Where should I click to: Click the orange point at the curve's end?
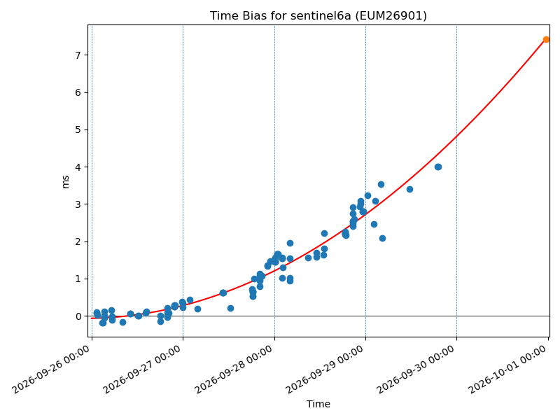point(546,40)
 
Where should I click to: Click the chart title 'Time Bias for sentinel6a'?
point(280,15)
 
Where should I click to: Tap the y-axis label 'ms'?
point(65,181)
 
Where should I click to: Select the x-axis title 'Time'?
point(318,404)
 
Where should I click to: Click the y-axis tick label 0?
point(78,316)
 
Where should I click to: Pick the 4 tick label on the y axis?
point(78,167)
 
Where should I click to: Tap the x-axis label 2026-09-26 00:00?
point(51,370)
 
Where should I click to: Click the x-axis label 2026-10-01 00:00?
point(508,370)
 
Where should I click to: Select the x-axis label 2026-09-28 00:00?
point(234,370)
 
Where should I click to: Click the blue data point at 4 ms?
point(438,167)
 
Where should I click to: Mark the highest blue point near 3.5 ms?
point(381,184)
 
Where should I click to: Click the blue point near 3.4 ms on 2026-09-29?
point(409,189)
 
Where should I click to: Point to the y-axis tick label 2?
point(78,241)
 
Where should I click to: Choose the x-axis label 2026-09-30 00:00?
point(416,370)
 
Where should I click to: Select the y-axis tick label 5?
point(78,129)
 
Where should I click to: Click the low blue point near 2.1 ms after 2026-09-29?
point(382,238)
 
